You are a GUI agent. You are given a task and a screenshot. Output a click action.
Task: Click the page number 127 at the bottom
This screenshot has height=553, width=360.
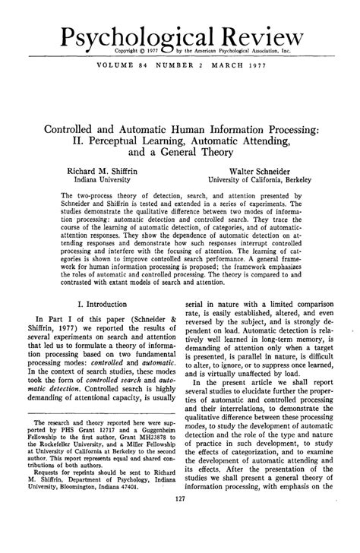click(x=180, y=540)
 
